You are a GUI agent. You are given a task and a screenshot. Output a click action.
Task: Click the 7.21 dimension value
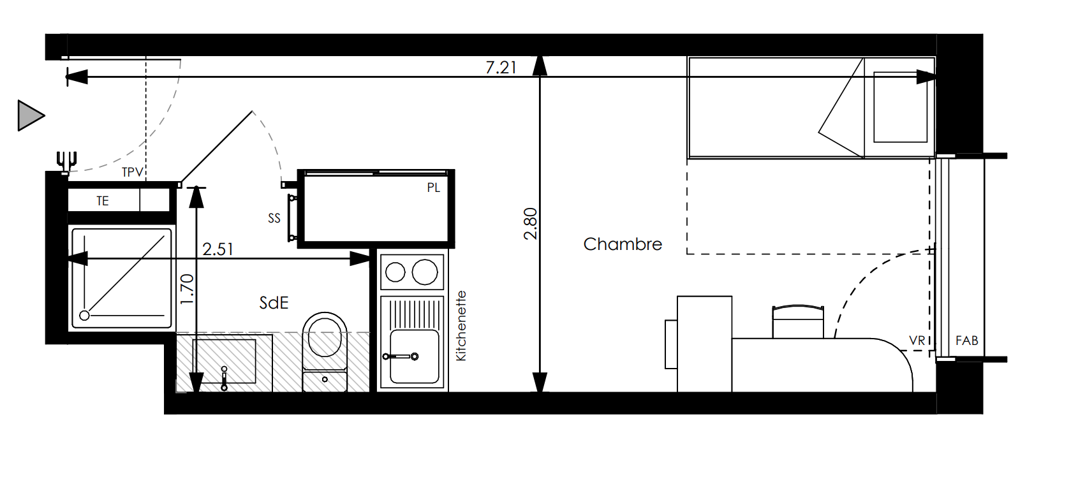point(501,68)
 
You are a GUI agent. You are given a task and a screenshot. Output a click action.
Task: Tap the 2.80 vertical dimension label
point(530,224)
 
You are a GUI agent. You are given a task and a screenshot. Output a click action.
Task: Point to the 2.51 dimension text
point(218,249)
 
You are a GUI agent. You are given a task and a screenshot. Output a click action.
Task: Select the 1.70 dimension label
point(187,289)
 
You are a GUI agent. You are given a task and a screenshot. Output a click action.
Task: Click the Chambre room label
point(623,244)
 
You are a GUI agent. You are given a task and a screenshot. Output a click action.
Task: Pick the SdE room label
point(274,303)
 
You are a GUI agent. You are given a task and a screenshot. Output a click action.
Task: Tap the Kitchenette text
point(461,326)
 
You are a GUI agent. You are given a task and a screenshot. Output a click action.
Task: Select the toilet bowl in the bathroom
point(325,335)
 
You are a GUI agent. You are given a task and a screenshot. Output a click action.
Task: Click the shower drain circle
point(84,316)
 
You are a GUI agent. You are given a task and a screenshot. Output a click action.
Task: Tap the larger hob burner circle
point(425,272)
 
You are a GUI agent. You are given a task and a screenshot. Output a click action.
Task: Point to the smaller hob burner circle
point(395,272)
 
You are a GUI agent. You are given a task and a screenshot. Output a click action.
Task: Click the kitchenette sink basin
point(415,356)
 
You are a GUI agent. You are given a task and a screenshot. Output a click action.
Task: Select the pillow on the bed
point(901,107)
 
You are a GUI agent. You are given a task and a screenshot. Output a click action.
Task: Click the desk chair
point(798,321)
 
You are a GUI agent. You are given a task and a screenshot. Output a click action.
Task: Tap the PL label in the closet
point(434,187)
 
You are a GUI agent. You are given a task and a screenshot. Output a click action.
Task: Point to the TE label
point(103,201)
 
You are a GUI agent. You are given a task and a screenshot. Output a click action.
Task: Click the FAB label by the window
point(967,341)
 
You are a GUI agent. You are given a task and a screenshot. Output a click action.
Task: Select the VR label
point(917,341)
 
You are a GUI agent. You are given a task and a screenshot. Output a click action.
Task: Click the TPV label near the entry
point(132,172)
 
